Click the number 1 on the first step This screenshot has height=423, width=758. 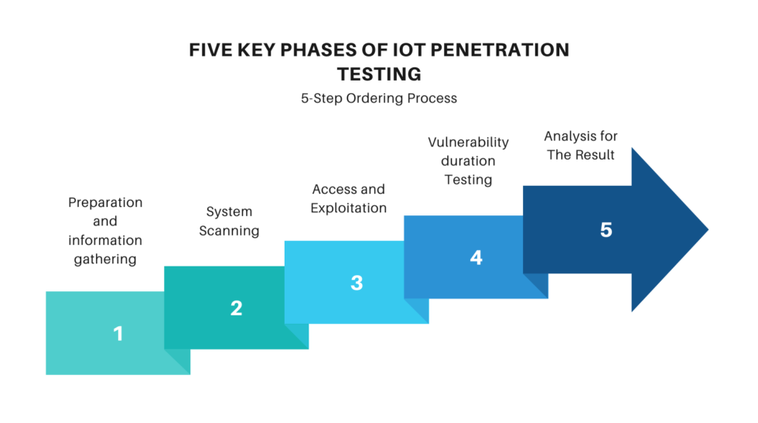click(x=118, y=333)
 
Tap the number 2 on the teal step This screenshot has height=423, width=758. click(x=237, y=308)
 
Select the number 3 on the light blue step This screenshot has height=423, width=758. click(x=357, y=283)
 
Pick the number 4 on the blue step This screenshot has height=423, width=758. click(x=476, y=257)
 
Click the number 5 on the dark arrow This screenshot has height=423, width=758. click(x=606, y=230)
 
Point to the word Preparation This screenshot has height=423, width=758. click(x=105, y=202)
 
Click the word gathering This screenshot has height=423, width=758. click(x=105, y=260)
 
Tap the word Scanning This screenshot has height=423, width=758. click(x=229, y=231)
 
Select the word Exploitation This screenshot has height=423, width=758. click(x=349, y=208)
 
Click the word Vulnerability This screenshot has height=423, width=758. click(x=469, y=143)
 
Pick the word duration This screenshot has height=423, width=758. click(x=469, y=160)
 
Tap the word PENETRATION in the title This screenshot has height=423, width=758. click(x=500, y=50)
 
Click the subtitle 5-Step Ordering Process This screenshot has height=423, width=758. click(x=379, y=98)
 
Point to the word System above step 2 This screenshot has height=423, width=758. click(x=229, y=211)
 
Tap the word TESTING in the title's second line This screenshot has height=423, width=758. click(x=379, y=74)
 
